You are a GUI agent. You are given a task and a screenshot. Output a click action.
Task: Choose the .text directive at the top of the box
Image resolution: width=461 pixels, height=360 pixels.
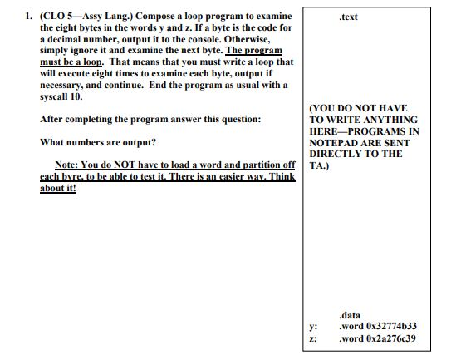coord(349,17)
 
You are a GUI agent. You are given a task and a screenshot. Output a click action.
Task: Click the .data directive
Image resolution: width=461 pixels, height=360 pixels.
coord(350,315)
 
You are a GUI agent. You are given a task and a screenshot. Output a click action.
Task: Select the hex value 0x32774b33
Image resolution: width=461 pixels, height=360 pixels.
coord(390,327)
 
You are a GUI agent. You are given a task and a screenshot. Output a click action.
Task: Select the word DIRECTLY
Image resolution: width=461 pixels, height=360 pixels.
coord(338,154)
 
